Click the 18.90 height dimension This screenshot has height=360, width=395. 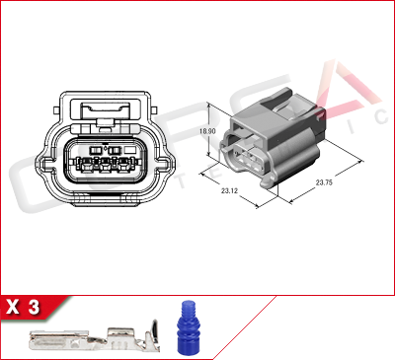[206, 130]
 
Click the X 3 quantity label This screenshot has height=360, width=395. [23, 308]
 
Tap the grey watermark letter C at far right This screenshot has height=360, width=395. [383, 115]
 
